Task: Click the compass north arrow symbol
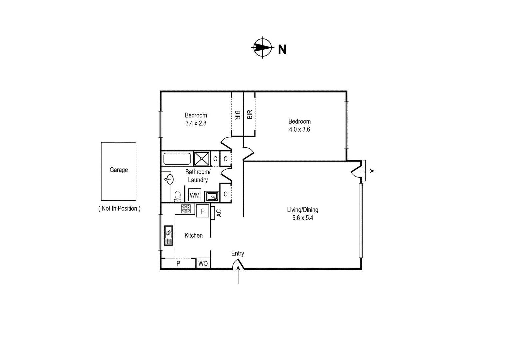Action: click(262, 47)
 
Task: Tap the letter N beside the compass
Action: click(282, 49)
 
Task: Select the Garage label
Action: click(119, 170)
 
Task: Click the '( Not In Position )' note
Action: click(119, 208)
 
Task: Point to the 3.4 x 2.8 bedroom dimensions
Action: click(196, 123)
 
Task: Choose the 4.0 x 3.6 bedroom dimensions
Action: click(299, 129)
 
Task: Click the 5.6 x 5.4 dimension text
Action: click(303, 218)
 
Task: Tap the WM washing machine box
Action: click(195, 195)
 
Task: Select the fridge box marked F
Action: click(202, 211)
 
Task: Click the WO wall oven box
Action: click(203, 263)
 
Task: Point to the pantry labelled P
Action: click(178, 263)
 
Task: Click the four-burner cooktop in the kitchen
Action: click(186, 209)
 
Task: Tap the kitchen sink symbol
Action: click(169, 235)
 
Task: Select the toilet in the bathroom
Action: click(177, 196)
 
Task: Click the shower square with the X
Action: click(202, 159)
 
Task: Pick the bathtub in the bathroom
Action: click(177, 159)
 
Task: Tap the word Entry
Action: click(238, 253)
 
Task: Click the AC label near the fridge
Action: click(219, 213)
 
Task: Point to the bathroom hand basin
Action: click(169, 179)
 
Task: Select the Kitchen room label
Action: click(193, 235)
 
